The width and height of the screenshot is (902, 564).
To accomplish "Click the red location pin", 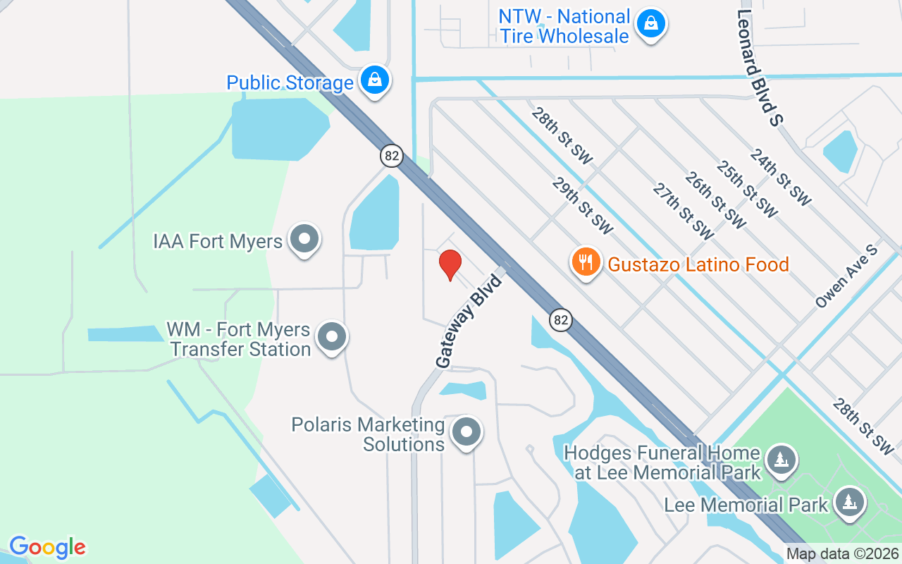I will [x=450, y=265].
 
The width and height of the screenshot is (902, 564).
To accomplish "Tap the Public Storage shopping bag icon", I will [x=376, y=80].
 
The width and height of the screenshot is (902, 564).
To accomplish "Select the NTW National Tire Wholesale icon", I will [x=650, y=25].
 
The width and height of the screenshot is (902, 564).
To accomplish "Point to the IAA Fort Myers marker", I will [x=304, y=239].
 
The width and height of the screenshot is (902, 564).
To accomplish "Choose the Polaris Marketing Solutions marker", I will [x=466, y=432].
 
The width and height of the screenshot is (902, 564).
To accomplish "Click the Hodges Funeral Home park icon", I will [x=780, y=459].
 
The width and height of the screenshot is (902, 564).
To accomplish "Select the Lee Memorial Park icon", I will [x=850, y=502].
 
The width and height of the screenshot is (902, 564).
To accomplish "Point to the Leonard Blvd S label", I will [x=760, y=68].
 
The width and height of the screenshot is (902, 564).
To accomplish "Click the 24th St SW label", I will [x=780, y=177].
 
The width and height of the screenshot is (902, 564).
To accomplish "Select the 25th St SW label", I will [x=747, y=189].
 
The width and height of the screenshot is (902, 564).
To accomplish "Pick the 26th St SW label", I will [x=715, y=201].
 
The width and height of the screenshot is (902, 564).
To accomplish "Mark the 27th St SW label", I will [x=683, y=212].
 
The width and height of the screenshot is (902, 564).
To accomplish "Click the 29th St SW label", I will [x=583, y=206].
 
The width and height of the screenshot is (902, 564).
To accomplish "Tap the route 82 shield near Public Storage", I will [x=392, y=156].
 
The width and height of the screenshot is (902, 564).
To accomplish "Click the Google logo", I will [x=47, y=547].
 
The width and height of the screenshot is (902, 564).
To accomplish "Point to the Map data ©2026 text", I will [x=842, y=553].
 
